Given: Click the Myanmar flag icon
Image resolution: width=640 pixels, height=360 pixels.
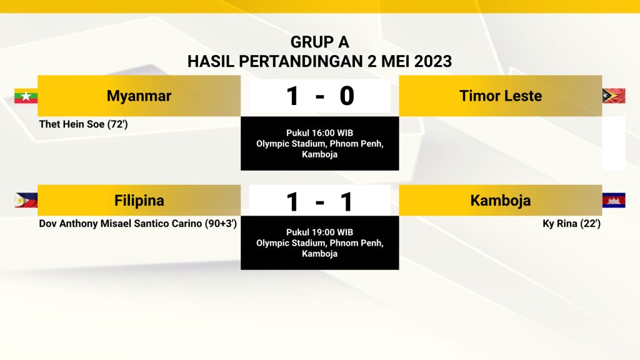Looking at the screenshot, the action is point(26,96).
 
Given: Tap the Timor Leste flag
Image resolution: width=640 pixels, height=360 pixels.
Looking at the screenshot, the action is point(614,96).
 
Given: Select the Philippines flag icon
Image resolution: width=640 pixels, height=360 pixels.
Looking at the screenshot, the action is point(26,200).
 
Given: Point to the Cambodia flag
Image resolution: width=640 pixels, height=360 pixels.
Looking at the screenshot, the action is point(614,200).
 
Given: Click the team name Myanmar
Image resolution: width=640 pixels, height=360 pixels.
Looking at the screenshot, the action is point(139,96).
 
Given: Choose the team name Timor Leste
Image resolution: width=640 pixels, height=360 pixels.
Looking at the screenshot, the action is point(501,96).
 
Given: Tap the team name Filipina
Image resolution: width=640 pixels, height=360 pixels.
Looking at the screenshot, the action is point(139,201).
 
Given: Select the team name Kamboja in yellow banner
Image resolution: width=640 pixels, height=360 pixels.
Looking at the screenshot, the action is point(501,201).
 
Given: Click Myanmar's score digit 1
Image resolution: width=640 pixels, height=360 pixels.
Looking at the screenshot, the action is point(292,96).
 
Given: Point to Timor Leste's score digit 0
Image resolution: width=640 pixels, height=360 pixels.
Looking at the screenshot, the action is point(346,96).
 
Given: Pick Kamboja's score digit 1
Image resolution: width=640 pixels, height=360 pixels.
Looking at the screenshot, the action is point(346,202).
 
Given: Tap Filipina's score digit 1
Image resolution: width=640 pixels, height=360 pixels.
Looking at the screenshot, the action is point(292,202).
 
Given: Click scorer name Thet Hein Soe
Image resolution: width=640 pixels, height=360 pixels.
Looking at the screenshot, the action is point(72,124).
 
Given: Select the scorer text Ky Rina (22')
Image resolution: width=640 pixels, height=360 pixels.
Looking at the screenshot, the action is point(571,224).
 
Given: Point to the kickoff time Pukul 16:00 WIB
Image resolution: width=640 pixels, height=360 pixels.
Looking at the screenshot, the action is point(319,133).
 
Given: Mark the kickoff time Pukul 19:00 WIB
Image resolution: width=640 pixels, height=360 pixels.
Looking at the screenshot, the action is point(319,232).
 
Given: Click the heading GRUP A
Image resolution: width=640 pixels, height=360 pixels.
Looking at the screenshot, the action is point(319,42).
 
